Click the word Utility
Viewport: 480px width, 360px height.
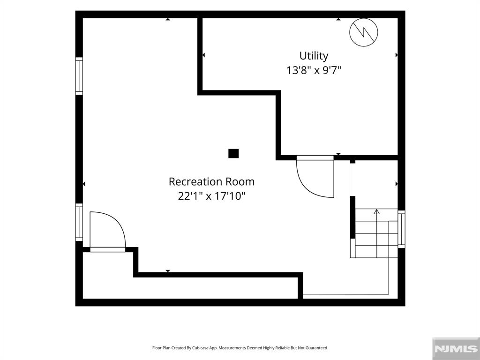(314, 56)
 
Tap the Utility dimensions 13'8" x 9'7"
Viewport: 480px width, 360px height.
(314, 70)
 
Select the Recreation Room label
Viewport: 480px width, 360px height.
(211, 181)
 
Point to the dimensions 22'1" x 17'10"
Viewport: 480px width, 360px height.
(211, 195)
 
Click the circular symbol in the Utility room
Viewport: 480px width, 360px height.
(364, 32)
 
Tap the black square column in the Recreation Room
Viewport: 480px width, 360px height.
(233, 153)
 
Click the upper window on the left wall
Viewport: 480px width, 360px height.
(79, 76)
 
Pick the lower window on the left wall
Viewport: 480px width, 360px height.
(79, 222)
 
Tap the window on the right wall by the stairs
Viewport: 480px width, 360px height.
(401, 229)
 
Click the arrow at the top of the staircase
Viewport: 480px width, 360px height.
(377, 211)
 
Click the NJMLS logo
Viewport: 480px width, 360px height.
(456, 349)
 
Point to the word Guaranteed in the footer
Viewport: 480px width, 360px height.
(318, 348)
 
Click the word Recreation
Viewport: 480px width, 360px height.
(196, 181)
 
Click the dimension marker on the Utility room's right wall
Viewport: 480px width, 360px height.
(397, 55)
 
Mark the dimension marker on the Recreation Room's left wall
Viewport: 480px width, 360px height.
(84, 184)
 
